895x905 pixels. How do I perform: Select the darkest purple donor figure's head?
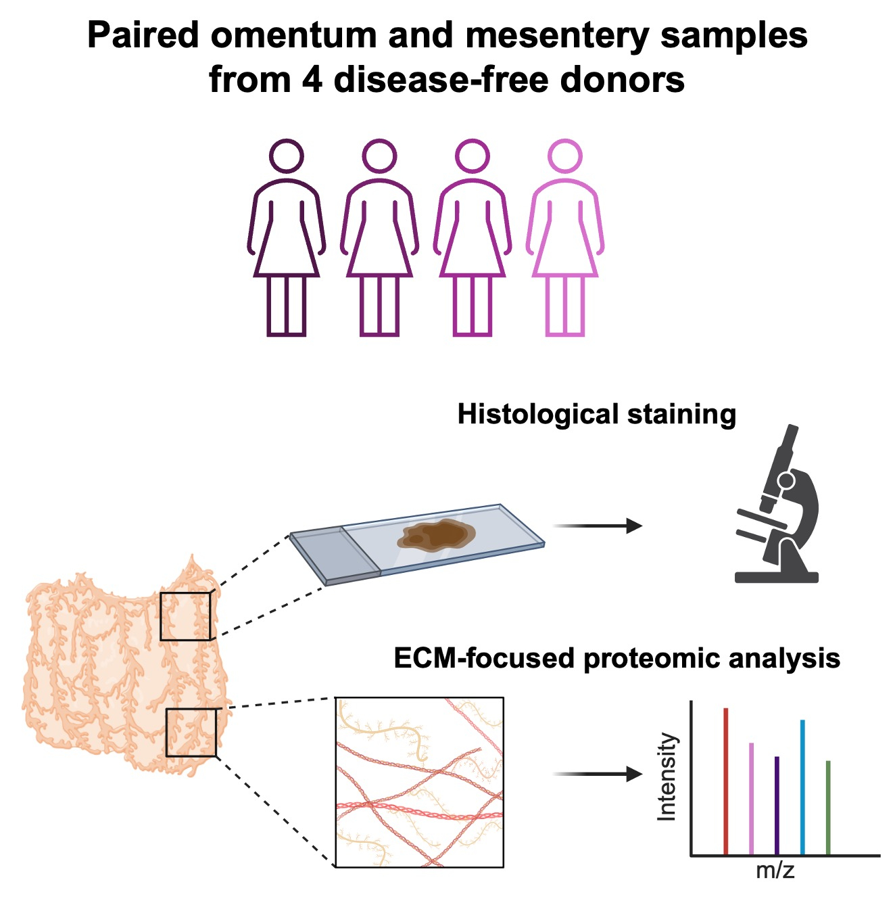point(287,156)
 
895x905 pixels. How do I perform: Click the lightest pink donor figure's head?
point(565,156)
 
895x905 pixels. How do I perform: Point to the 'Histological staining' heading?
point(596,414)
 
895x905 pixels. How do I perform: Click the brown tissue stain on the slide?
point(436,535)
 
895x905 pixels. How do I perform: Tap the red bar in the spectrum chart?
point(725,781)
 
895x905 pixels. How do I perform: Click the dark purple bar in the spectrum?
point(777,805)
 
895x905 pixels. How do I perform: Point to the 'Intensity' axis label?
point(667,776)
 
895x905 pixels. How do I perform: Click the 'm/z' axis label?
point(775,870)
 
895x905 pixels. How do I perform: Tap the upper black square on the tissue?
point(185,616)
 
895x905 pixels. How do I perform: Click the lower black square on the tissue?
point(191,733)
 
